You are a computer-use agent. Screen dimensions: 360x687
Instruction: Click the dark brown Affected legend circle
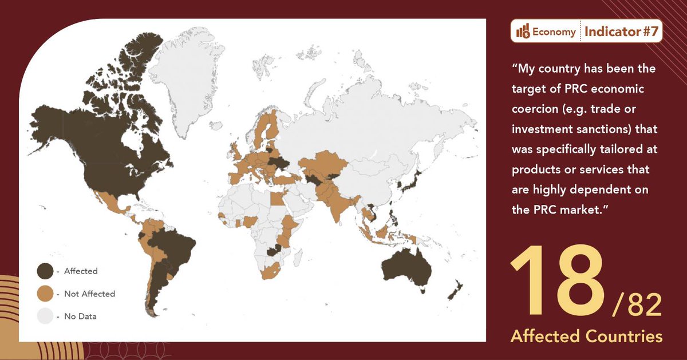click(45, 271)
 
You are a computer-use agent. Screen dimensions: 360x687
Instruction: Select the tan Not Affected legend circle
click(45, 294)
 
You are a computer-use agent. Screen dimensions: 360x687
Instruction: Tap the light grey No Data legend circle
click(45, 316)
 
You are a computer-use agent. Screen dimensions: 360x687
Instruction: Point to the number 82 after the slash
click(643, 307)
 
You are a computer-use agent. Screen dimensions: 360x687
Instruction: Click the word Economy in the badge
click(554, 32)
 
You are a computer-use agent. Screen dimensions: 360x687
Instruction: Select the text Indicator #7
click(621, 32)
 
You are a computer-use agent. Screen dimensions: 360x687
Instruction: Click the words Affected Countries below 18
click(586, 336)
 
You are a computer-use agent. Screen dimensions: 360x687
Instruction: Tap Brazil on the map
click(175, 246)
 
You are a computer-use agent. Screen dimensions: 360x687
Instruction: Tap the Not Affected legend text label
click(89, 294)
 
